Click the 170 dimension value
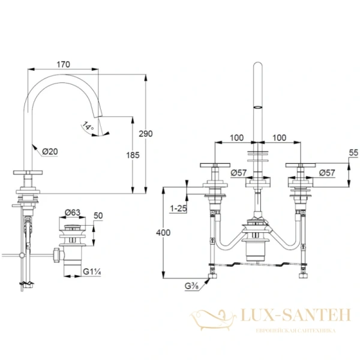[x=64, y=65]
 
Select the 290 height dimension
[x=146, y=133]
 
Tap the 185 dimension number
[x=133, y=155]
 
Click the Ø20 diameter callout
[x=50, y=152]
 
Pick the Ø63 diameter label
[x=73, y=212]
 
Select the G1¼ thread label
[x=92, y=272]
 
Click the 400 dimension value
[x=163, y=233]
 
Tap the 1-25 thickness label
[x=178, y=208]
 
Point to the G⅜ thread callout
[x=192, y=286]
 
